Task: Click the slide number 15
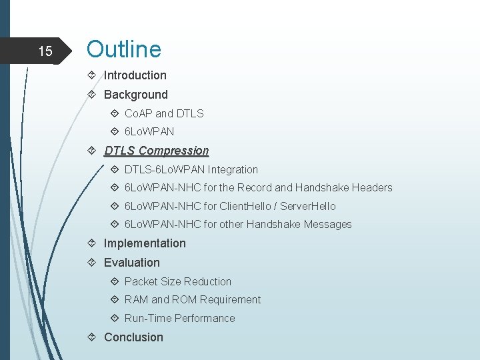45,51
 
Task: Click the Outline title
123,49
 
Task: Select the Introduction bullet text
135,75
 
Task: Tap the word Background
135,95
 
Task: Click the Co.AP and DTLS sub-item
164,113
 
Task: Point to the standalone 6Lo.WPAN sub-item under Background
149,132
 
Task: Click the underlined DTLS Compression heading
156,151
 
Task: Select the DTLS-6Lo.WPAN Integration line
191,169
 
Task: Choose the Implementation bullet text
145,243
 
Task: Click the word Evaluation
131,263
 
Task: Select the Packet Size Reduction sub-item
177,281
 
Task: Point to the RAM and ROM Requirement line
192,300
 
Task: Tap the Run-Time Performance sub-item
179,319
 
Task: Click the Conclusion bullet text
133,337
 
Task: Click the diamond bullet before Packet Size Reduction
114,281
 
